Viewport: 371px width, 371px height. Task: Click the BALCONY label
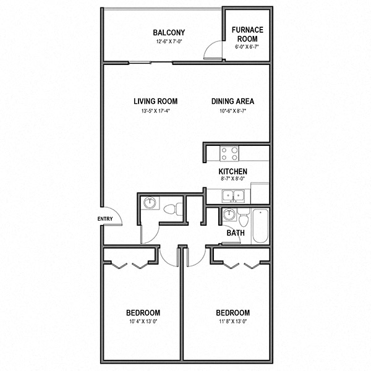pyautogui.click(x=169, y=33)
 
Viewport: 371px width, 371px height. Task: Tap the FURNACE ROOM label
pyautogui.click(x=247, y=33)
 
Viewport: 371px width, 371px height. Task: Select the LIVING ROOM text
pyautogui.click(x=156, y=101)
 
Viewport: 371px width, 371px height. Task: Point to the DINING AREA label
pyautogui.click(x=232, y=101)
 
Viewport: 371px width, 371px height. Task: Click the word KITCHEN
pyautogui.click(x=233, y=171)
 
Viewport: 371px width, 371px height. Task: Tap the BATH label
pyautogui.click(x=235, y=233)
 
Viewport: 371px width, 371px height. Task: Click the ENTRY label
pyautogui.click(x=104, y=219)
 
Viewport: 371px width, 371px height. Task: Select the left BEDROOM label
pyautogui.click(x=143, y=313)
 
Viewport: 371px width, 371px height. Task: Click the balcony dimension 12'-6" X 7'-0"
pyautogui.click(x=169, y=43)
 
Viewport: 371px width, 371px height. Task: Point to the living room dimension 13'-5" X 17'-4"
pyautogui.click(x=156, y=111)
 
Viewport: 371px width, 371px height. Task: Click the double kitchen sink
pyautogui.click(x=234, y=196)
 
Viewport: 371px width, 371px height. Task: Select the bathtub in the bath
pyautogui.click(x=260, y=226)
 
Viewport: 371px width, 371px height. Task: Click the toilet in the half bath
pyautogui.click(x=176, y=208)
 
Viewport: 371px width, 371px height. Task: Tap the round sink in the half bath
pyautogui.click(x=149, y=203)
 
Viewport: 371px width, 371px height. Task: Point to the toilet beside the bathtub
pyautogui.click(x=244, y=218)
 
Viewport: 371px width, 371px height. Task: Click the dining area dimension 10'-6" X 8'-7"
pyautogui.click(x=232, y=111)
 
